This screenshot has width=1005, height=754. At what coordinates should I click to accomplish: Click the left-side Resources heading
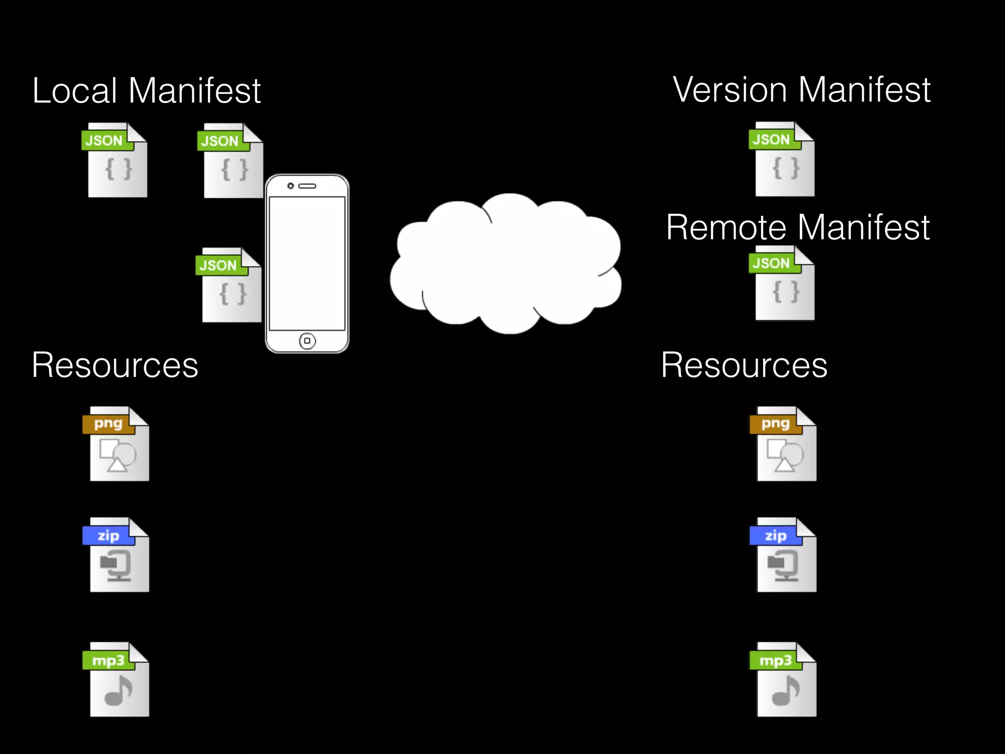(x=115, y=366)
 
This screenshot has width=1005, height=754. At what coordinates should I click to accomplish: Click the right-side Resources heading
(x=744, y=366)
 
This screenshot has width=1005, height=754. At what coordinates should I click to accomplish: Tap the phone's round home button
(x=307, y=341)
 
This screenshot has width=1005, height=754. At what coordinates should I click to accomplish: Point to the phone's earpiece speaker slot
(x=308, y=186)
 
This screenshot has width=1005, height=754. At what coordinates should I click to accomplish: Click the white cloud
(x=505, y=265)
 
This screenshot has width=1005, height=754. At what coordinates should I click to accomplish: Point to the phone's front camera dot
(x=291, y=186)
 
